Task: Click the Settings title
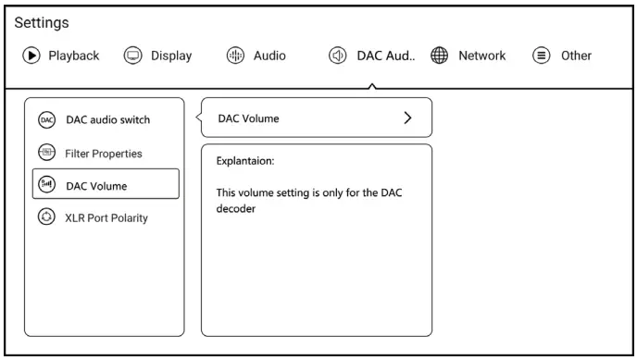point(42,23)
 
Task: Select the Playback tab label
point(73,56)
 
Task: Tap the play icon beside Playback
point(31,56)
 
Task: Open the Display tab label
point(171,56)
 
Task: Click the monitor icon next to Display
point(132,56)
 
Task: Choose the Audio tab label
point(269,56)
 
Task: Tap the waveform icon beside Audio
point(235,56)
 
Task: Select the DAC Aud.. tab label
point(386,56)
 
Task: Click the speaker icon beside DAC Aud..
point(338,56)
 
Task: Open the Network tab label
point(481,56)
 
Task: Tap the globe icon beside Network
point(439,56)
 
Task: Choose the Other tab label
point(576,56)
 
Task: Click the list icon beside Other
point(541,56)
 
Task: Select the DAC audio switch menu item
point(108,119)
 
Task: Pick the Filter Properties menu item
point(104,154)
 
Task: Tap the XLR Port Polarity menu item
point(106,218)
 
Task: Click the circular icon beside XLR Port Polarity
point(46,217)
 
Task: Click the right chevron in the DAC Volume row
point(407,118)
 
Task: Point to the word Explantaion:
point(245,161)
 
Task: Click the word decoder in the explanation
point(235,208)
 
